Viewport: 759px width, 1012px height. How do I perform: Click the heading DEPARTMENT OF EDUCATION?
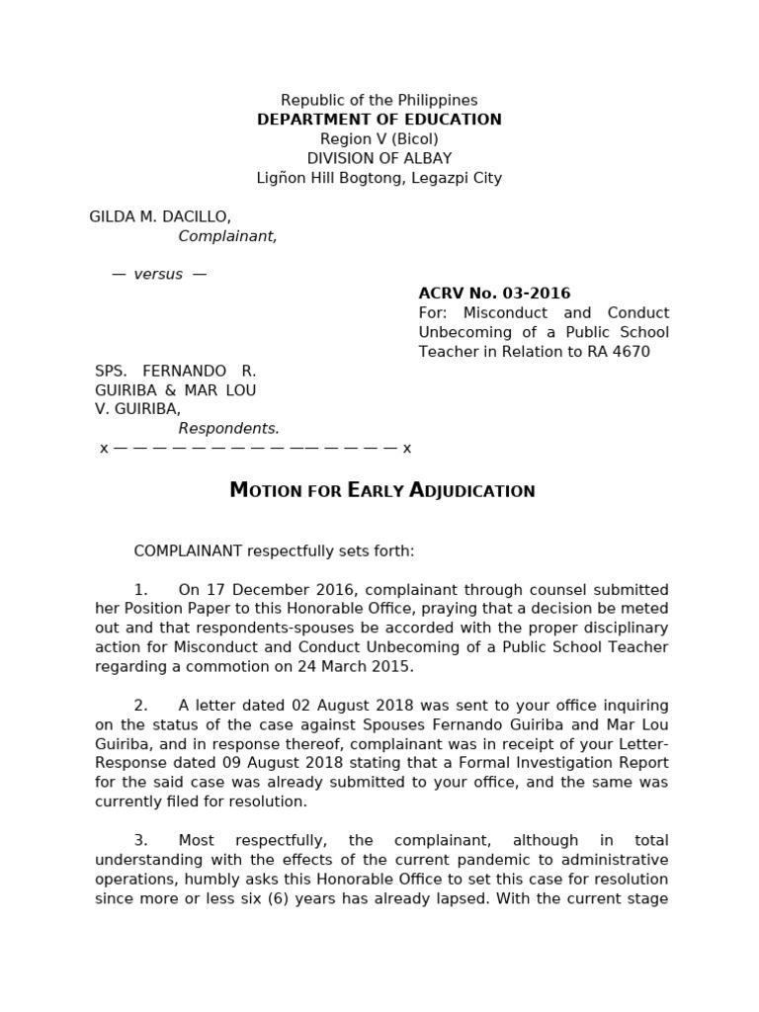click(x=379, y=120)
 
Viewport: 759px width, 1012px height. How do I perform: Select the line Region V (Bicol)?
click(x=379, y=139)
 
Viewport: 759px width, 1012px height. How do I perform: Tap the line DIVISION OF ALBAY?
click(x=379, y=159)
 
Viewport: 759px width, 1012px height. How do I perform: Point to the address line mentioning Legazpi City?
click(x=379, y=178)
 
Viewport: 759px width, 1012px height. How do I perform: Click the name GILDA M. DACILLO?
click(x=160, y=216)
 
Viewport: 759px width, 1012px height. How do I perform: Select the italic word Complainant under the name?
click(x=227, y=236)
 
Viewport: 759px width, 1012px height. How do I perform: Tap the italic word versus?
click(x=158, y=274)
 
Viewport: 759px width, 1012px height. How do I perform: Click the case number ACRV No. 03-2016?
click(x=494, y=294)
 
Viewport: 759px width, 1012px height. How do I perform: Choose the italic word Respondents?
click(x=228, y=429)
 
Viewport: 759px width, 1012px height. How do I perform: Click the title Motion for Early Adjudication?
click(x=381, y=490)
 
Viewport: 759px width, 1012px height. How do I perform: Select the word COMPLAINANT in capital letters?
click(x=188, y=551)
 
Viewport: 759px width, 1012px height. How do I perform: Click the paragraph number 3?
click(x=140, y=841)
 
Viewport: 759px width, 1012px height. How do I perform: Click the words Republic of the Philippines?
click(x=379, y=100)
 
